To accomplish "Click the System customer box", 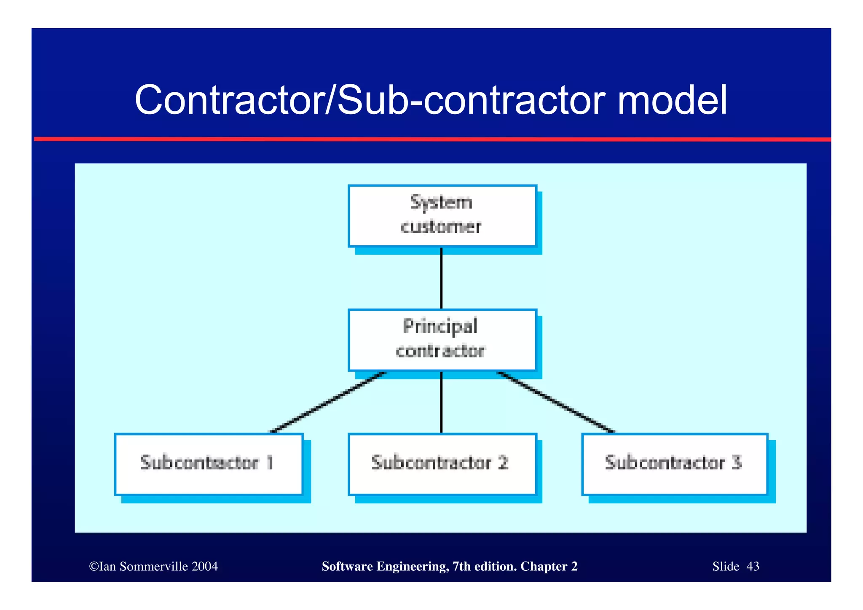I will (x=442, y=216).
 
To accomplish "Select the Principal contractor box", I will (x=442, y=340).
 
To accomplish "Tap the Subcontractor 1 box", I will (x=209, y=464).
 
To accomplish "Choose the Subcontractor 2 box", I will (x=442, y=464).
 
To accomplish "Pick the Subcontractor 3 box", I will (x=674, y=464).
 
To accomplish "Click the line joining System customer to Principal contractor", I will (x=441, y=278).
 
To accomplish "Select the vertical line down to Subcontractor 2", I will (x=441, y=403).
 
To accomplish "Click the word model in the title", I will (x=672, y=100).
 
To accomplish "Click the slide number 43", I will (x=753, y=566).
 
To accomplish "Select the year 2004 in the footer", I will (x=204, y=566).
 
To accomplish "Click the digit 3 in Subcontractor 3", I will (x=736, y=462).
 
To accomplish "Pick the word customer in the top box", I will (x=441, y=227).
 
